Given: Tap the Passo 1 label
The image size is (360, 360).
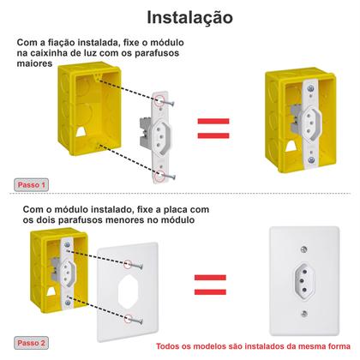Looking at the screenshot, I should point(33,184).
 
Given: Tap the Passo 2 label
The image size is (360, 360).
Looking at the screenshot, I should point(33,342).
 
